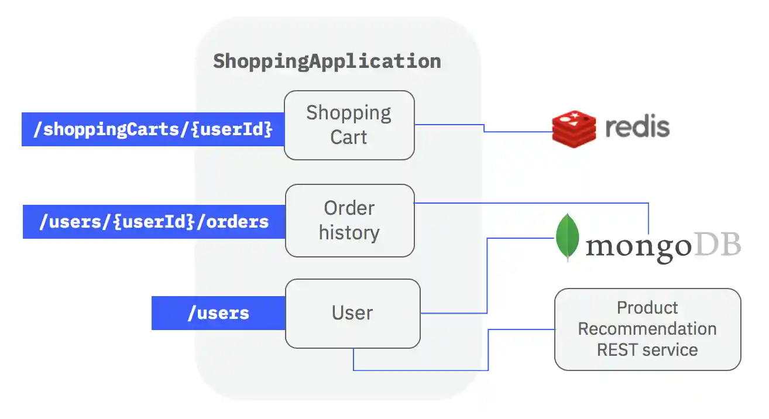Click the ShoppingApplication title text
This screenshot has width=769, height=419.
pyautogui.click(x=327, y=61)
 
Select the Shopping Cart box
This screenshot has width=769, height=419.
pyautogui.click(x=349, y=125)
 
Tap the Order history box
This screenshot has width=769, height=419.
pyautogui.click(x=349, y=221)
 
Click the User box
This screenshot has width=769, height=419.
pyautogui.click(x=352, y=313)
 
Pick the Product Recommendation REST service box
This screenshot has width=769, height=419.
pyautogui.click(x=647, y=329)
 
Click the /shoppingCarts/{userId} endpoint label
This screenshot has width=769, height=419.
pyautogui.click(x=153, y=129)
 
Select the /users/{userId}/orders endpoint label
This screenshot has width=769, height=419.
pyautogui.click(x=153, y=222)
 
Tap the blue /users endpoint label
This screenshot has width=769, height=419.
pyautogui.click(x=218, y=313)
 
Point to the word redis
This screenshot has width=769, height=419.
pyautogui.click(x=637, y=126)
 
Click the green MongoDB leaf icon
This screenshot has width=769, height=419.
pyautogui.click(x=567, y=238)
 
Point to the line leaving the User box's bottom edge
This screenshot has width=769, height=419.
pyautogui.click(x=353, y=360)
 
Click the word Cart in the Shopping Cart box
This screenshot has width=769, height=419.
pyautogui.click(x=349, y=138)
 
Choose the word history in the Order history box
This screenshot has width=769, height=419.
pyautogui.click(x=349, y=233)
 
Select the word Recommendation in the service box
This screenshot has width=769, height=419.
pyautogui.click(x=647, y=329)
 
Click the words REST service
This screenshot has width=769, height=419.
pyautogui.click(x=647, y=350)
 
